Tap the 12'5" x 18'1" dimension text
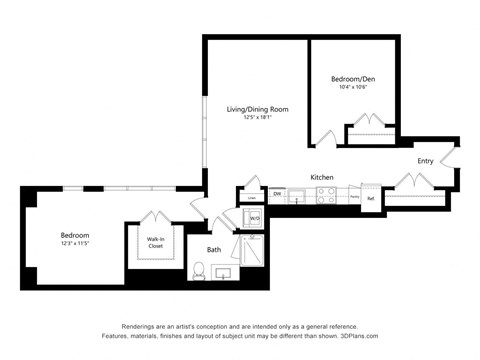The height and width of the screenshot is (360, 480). [x=257, y=118]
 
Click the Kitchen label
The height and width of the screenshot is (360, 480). [x=321, y=177]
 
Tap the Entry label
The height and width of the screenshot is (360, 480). [x=425, y=160]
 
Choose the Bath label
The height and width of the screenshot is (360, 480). [x=214, y=249]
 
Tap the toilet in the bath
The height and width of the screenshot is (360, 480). [x=199, y=270]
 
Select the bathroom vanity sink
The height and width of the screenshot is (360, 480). [x=224, y=272]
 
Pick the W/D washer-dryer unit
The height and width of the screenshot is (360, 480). [x=254, y=218]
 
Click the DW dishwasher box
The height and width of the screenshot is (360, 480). [x=277, y=193]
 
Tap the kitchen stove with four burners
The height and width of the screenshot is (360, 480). [x=327, y=197]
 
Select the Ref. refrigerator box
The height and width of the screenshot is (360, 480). [x=370, y=197]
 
